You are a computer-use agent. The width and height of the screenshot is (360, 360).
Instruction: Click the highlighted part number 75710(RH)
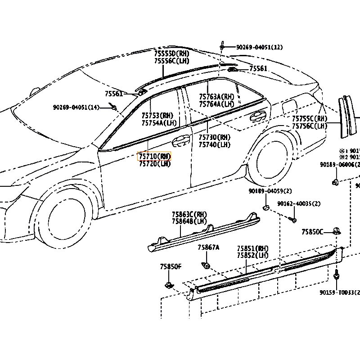[154, 156]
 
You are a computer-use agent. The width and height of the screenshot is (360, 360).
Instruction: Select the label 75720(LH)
[154, 164]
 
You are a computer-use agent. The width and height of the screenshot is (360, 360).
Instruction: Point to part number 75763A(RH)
[216, 97]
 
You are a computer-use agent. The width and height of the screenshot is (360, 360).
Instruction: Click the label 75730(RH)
[214, 137]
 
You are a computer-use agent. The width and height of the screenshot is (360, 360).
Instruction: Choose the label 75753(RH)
[157, 116]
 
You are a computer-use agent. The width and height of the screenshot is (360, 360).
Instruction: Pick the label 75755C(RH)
[310, 119]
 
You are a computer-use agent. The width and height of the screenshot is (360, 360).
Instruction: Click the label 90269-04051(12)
[260, 47]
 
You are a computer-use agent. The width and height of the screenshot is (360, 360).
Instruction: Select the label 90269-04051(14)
[76, 107]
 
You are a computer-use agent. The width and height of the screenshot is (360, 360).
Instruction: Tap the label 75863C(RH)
[189, 214]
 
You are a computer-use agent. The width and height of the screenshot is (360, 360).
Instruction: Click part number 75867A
[208, 247]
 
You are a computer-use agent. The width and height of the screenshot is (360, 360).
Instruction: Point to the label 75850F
[170, 266]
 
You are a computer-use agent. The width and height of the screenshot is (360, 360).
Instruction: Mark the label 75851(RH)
[252, 248]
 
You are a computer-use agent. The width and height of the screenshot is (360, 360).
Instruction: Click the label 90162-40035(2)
[299, 204]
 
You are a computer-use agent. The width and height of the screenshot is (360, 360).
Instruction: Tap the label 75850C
[312, 232]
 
